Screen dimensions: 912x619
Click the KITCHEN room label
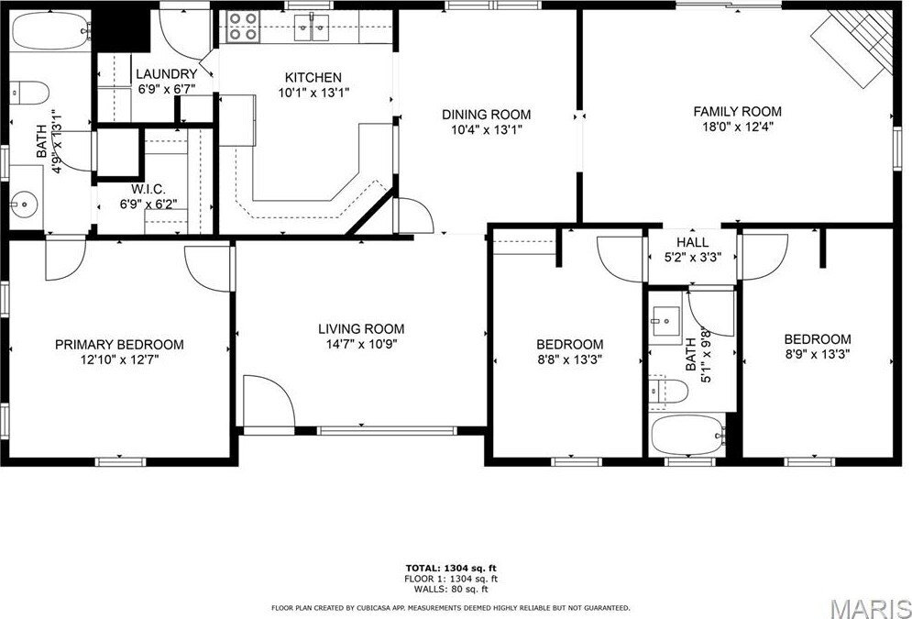pos(313,77)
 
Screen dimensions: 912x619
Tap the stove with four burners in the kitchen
pos(243,27)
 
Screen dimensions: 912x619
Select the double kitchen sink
pos(312,28)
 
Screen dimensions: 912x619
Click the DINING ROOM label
pos(486,115)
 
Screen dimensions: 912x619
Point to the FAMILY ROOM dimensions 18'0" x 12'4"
pos(738,127)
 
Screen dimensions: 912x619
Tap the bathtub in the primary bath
pos(51,31)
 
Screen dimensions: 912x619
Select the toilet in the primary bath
pos(29,93)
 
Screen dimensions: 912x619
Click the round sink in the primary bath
pos(24,204)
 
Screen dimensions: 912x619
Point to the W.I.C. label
pos(148,190)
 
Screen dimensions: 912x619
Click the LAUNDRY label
pos(166,74)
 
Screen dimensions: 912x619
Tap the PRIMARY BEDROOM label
pos(119,345)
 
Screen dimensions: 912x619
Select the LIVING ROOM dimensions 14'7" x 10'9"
pos(361,344)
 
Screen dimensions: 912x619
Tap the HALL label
pos(693,242)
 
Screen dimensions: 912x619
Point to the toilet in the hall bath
pos(668,390)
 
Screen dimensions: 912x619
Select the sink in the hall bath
pos(665,321)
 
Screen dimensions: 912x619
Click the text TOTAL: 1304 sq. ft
pos(451,568)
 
